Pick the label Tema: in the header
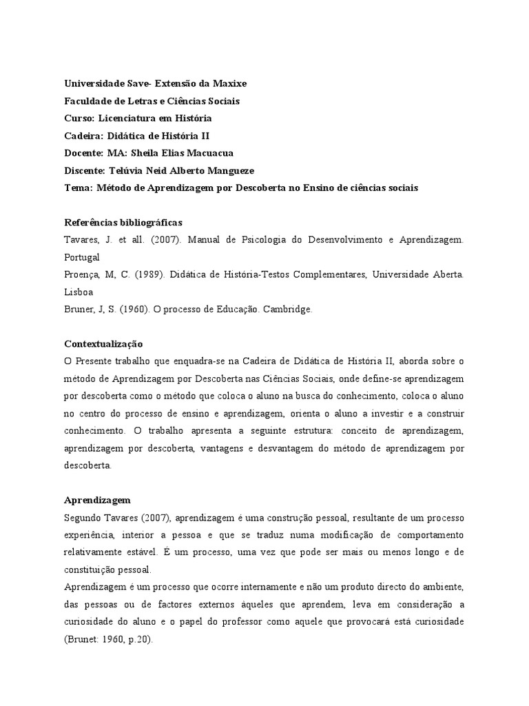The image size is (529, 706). coord(78,187)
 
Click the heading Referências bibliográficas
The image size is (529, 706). coord(123,222)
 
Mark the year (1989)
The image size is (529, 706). coord(138,274)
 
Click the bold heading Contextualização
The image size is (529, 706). coord(103,343)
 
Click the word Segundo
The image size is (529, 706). coord(83,517)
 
